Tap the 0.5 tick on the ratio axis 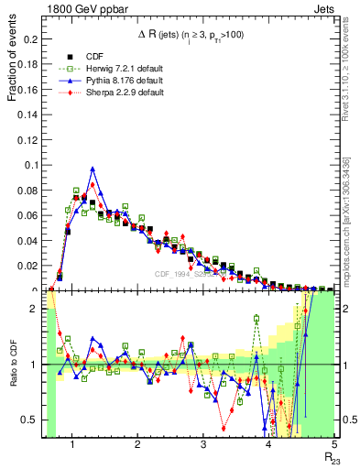pyautogui.click(x=30, y=420)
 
